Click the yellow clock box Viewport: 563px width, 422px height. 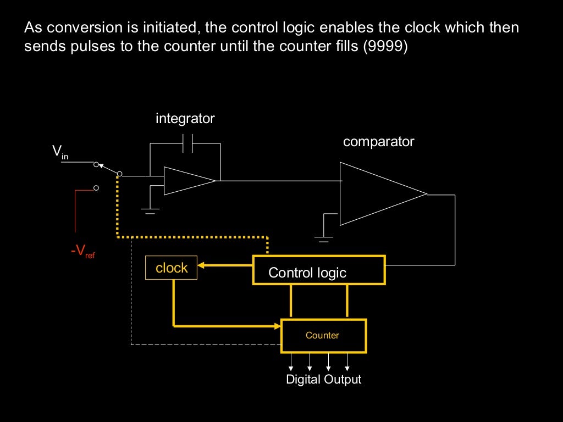pos(171,268)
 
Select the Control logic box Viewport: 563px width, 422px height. pos(318,270)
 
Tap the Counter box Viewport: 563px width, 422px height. pos(323,335)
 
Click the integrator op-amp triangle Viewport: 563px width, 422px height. pos(187,181)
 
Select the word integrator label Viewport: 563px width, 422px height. pos(185,118)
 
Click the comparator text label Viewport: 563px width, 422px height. pos(378,142)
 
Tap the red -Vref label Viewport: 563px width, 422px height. pos(82,252)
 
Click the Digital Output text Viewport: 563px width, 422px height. pos(324,380)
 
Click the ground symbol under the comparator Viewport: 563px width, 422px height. pos(323,238)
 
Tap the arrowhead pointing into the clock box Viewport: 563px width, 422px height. pos(201,266)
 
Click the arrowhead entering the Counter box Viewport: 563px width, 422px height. pos(278,326)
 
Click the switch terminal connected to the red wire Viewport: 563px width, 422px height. pos(96,188)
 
